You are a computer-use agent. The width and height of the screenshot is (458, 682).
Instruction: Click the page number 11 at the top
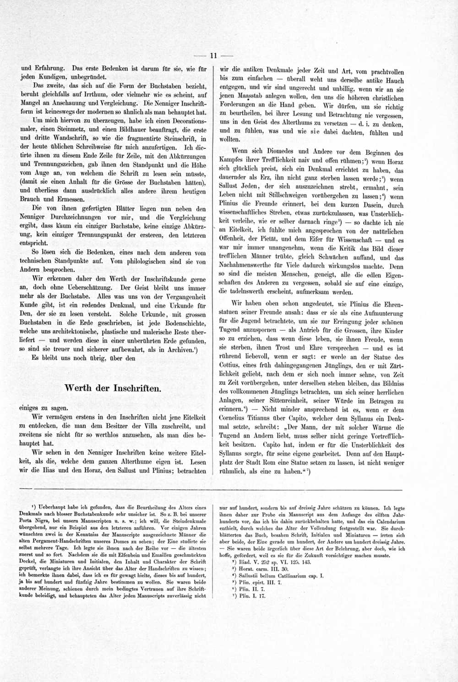pos(213,56)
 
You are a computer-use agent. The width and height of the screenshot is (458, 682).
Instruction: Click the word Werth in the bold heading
pos(79,388)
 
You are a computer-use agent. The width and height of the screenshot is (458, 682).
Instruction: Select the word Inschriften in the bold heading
pos(136,388)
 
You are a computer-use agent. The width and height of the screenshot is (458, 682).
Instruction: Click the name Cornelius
pos(234,418)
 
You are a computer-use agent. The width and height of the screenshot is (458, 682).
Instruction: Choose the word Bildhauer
pos(142,130)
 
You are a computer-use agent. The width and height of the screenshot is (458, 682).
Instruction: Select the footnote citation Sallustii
pos(251,575)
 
